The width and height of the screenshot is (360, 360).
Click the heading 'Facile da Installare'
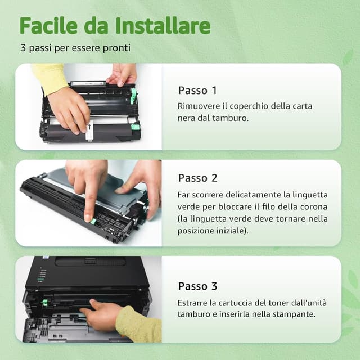[115, 25]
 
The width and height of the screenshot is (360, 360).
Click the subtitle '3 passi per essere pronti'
[75, 48]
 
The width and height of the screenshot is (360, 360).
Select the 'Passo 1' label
[197, 91]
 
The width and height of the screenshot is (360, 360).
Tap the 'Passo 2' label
[197, 178]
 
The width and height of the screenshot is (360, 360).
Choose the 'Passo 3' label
[197, 286]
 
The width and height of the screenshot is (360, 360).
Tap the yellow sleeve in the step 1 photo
[49, 77]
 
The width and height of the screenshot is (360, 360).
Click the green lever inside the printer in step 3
[44, 303]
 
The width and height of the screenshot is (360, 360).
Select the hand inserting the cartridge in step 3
[101, 316]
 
